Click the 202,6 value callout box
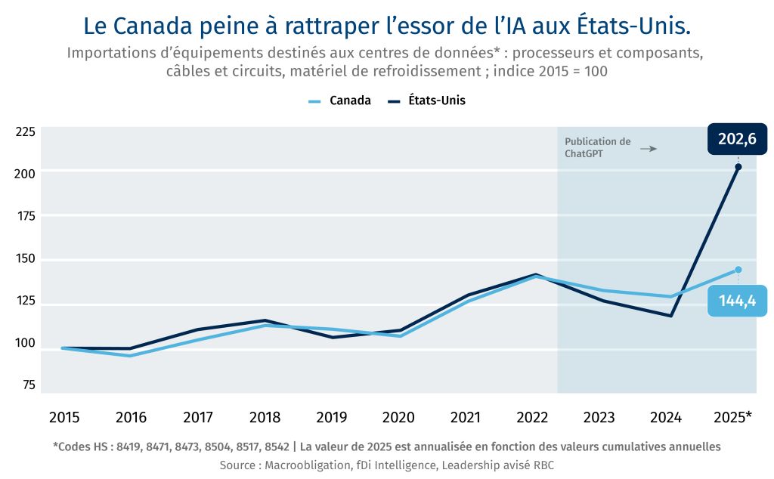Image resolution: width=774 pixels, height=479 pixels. (x=737, y=139)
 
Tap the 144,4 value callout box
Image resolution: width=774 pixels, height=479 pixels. (x=737, y=301)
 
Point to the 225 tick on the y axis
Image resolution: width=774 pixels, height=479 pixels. (x=26, y=132)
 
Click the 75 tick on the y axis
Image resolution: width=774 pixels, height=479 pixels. (x=29, y=385)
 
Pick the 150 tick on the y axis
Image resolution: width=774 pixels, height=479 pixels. (x=26, y=259)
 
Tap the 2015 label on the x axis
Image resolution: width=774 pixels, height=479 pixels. (x=64, y=418)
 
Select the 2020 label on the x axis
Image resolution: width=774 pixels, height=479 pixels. (x=398, y=418)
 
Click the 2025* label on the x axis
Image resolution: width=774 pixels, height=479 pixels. (x=733, y=418)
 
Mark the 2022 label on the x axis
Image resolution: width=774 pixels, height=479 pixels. (x=532, y=418)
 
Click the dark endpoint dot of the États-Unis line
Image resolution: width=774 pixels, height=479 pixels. (x=738, y=167)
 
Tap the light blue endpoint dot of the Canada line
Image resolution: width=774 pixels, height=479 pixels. (x=738, y=270)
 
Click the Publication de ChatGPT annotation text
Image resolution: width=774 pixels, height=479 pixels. (x=597, y=147)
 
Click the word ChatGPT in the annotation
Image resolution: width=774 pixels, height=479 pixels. (x=584, y=153)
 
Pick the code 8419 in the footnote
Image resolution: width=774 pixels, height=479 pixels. (x=126, y=447)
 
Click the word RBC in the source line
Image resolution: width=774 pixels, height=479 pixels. (x=543, y=465)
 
